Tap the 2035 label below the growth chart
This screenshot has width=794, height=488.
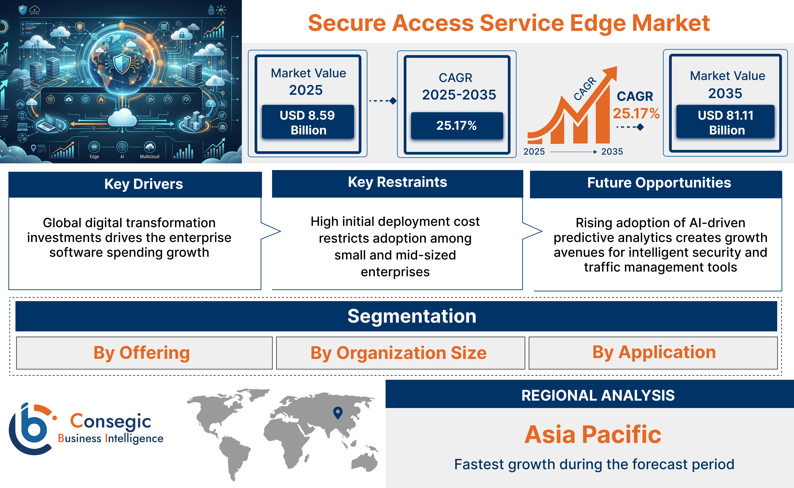click(612, 152)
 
